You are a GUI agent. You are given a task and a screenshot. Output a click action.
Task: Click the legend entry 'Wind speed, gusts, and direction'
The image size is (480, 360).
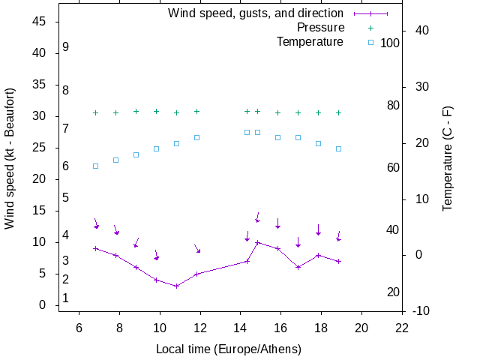coord(255,13)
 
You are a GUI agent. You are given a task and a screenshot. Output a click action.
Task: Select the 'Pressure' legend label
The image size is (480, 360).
coord(320,28)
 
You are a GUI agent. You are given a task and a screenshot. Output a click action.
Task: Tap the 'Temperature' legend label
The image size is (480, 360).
coord(310,42)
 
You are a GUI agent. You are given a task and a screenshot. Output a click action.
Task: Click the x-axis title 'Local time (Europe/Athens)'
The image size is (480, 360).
coord(229,349)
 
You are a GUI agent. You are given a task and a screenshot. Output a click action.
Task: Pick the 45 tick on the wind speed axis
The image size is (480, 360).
coord(40,22)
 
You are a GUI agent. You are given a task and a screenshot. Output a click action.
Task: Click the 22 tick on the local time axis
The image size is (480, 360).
coord(402,327)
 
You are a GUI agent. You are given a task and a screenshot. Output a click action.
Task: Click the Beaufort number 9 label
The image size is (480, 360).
coord(66,47)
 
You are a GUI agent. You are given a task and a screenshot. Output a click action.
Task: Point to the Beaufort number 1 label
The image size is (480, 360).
coord(66,298)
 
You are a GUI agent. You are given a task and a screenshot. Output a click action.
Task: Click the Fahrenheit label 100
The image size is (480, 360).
coord(390,43)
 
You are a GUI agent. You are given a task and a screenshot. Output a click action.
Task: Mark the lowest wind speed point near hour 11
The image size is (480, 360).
coord(176,286)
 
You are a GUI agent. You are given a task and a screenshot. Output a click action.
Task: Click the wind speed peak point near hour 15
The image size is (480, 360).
coord(257,242)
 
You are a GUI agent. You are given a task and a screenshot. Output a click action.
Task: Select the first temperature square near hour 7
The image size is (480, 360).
coord(95,166)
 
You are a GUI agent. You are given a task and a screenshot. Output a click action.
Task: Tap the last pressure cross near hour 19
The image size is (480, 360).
coord(338,112)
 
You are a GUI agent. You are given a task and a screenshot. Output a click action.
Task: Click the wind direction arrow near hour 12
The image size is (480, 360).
coord(197,249)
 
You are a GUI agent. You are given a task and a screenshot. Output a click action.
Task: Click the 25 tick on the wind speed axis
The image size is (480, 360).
coord(40,148)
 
